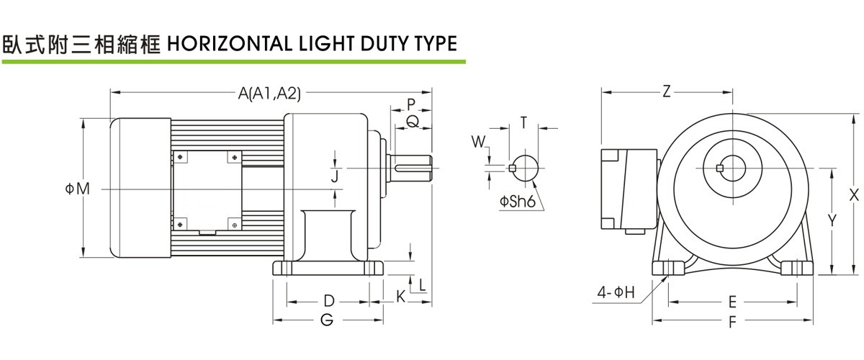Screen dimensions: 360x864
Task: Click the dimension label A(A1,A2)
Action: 269,92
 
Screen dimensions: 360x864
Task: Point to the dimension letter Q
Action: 412,122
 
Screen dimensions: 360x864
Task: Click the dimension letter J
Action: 335,175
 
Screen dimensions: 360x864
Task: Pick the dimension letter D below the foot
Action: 328,300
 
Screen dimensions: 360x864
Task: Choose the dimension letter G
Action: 328,320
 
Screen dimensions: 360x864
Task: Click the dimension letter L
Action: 422,284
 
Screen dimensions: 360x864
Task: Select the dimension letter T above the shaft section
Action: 524,122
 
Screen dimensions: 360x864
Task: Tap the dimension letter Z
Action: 667,92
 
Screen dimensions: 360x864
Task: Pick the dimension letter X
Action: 854,194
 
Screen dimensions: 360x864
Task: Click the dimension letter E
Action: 732,300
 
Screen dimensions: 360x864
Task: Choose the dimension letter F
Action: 732,321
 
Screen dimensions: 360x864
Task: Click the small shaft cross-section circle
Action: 523,168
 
